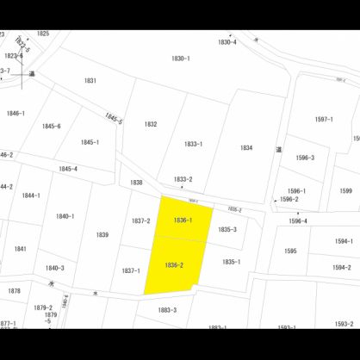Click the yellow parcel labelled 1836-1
(183, 220)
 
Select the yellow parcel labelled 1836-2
(174, 264)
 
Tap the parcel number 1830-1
(181, 59)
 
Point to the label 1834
(246, 147)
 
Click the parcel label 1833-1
(194, 144)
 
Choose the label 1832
(151, 124)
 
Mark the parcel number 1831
(90, 80)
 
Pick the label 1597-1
(324, 120)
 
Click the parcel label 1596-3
(306, 158)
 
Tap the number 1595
(290, 251)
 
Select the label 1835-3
(227, 229)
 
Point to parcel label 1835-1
(232, 262)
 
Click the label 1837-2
(141, 221)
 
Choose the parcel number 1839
(102, 234)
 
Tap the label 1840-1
(65, 216)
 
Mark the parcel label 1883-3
(167, 310)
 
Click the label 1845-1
(90, 142)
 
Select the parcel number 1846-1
(16, 113)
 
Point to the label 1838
(136, 183)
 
